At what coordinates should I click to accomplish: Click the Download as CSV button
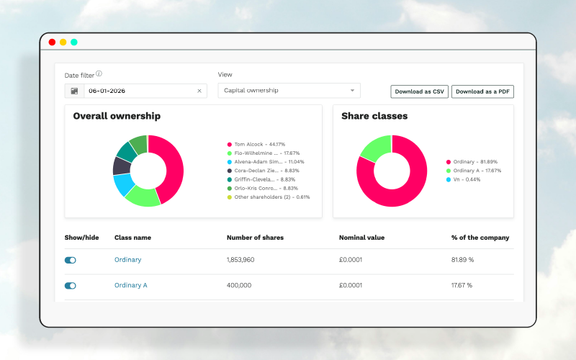pos(419,91)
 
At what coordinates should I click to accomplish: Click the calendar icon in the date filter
pos(74,91)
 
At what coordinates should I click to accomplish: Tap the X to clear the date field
pos(199,91)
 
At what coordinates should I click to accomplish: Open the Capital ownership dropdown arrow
pos(352,91)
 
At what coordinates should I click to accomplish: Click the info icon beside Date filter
pos(99,73)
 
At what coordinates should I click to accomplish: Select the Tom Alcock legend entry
pos(256,145)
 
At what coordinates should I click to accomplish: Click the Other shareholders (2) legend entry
pos(269,197)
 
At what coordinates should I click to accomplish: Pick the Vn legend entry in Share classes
pos(463,179)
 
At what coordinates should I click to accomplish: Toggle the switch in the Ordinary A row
pos(70,285)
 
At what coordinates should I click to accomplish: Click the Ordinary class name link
pos(128,260)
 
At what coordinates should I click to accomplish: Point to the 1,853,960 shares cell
pos(240,260)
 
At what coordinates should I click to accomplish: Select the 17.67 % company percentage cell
pos(462,285)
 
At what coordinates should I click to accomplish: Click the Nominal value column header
pos(361,238)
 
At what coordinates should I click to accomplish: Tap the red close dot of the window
pos(52,42)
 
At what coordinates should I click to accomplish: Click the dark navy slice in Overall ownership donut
pos(122,166)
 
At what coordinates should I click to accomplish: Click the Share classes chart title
pos(374,116)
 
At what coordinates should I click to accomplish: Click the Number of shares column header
pos(255,238)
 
